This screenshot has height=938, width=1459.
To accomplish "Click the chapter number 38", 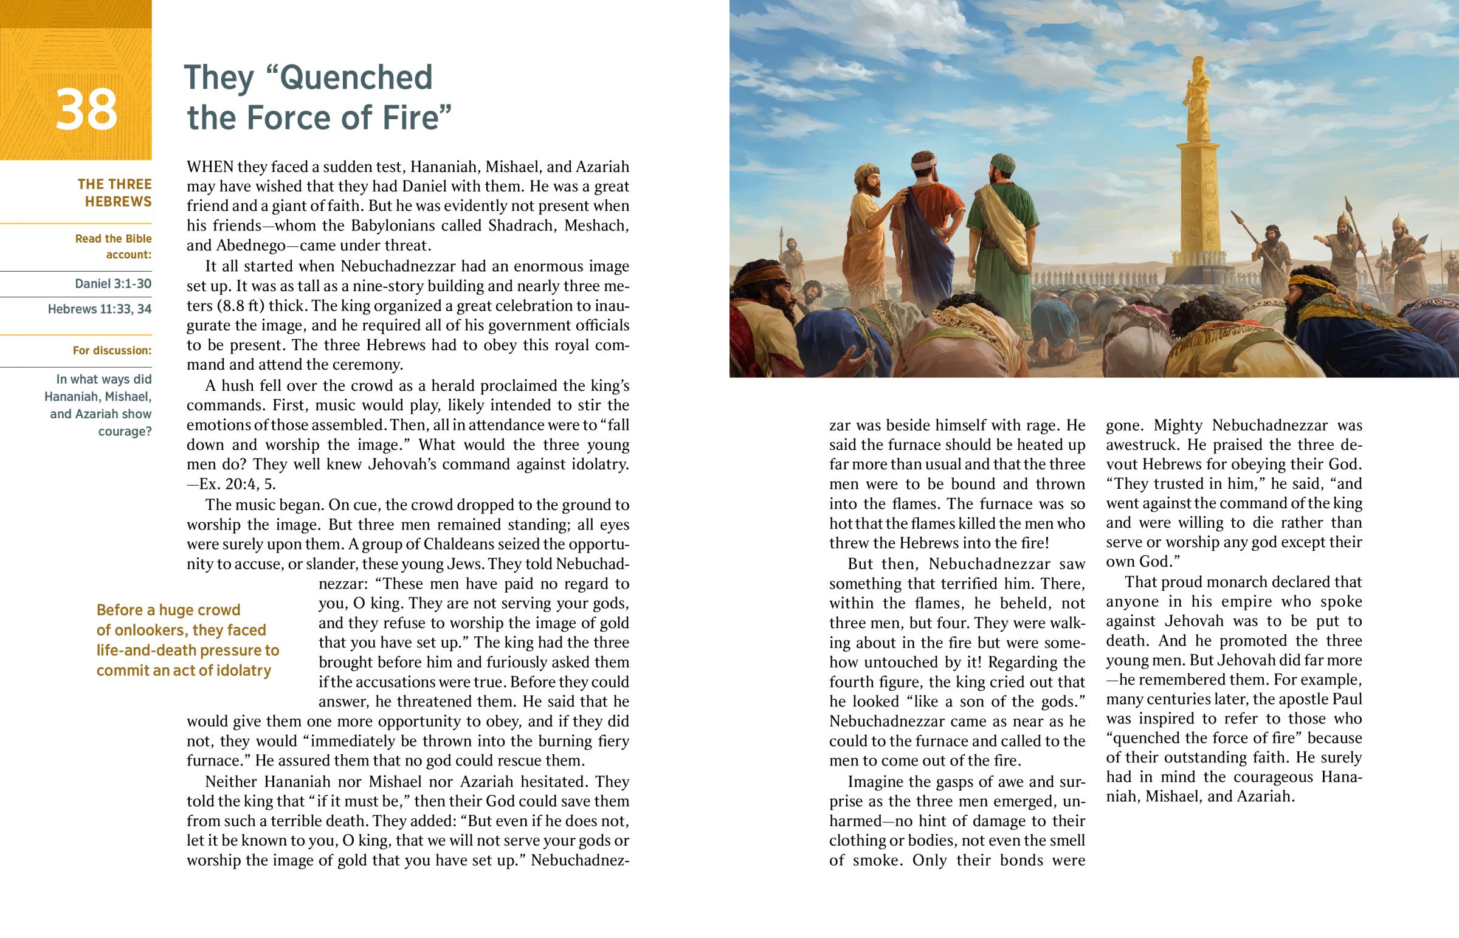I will click(x=86, y=109).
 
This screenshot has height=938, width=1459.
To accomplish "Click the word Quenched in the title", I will click(x=356, y=77).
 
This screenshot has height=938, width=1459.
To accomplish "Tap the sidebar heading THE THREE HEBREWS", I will click(x=114, y=193).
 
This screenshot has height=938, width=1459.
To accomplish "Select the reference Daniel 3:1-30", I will click(x=113, y=283).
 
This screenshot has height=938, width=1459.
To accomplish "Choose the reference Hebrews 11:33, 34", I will click(x=100, y=309).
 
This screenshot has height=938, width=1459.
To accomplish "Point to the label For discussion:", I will click(x=112, y=350).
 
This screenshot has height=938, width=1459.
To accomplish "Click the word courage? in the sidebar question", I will click(x=125, y=431).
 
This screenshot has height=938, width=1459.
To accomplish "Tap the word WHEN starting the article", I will click(x=210, y=167).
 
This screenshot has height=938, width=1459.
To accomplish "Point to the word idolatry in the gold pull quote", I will click(x=243, y=670).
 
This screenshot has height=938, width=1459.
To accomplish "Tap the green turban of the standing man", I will click(x=1001, y=163).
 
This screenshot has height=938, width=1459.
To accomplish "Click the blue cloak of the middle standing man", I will click(x=923, y=244).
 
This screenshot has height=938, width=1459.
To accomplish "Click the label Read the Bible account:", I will click(x=113, y=246).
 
